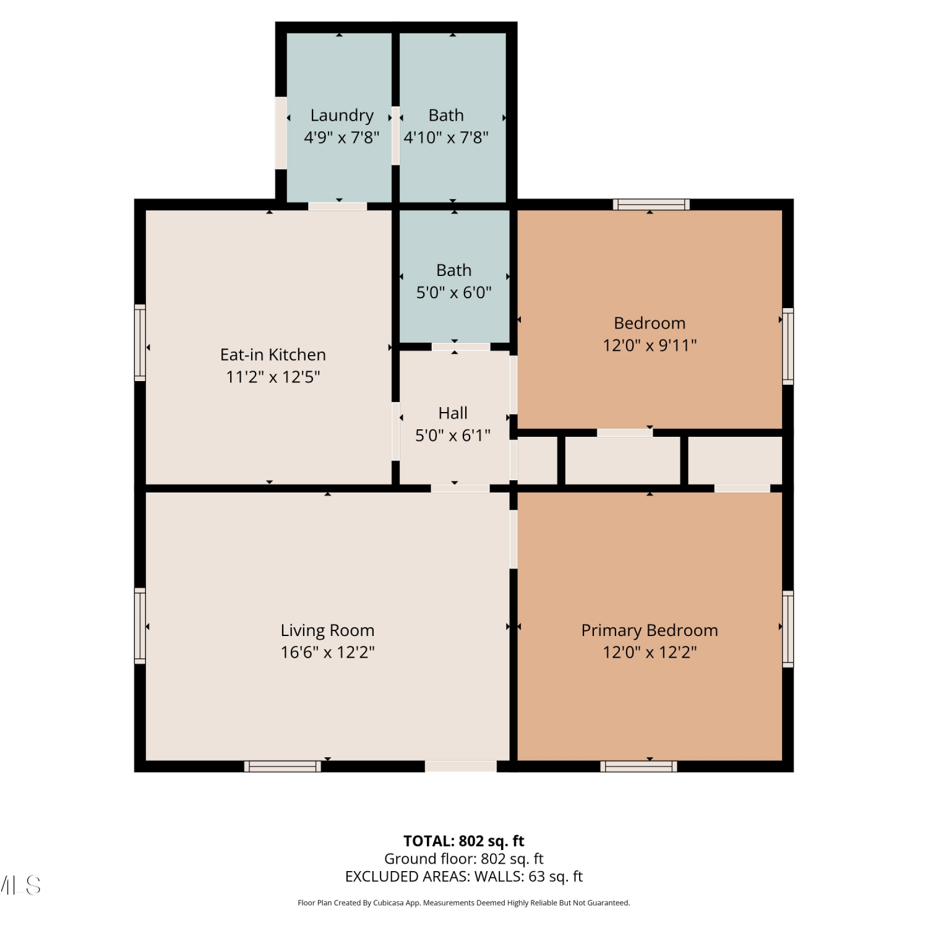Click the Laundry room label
pos(342,116)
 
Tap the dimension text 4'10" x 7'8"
pos(446,137)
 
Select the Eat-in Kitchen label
pos(273,354)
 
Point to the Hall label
pos(453,413)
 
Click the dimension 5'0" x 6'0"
pos(454,292)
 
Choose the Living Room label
pos(327,630)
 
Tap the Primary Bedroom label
pos(650,630)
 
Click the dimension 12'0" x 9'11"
pos(650,345)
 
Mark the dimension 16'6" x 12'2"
pos(327,652)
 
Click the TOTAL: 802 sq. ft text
pos(464,841)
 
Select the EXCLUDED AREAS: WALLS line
pos(464,876)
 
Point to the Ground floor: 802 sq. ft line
pos(464,859)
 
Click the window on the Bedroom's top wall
pos(651,205)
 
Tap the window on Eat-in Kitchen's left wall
pos(140,342)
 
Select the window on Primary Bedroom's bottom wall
pos(638,767)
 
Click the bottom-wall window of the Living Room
pos(283,767)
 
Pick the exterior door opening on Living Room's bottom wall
pos(460,767)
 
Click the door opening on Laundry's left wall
pos(281,132)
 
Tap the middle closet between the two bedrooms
pos(623,460)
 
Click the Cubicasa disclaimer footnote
pos(464,903)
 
